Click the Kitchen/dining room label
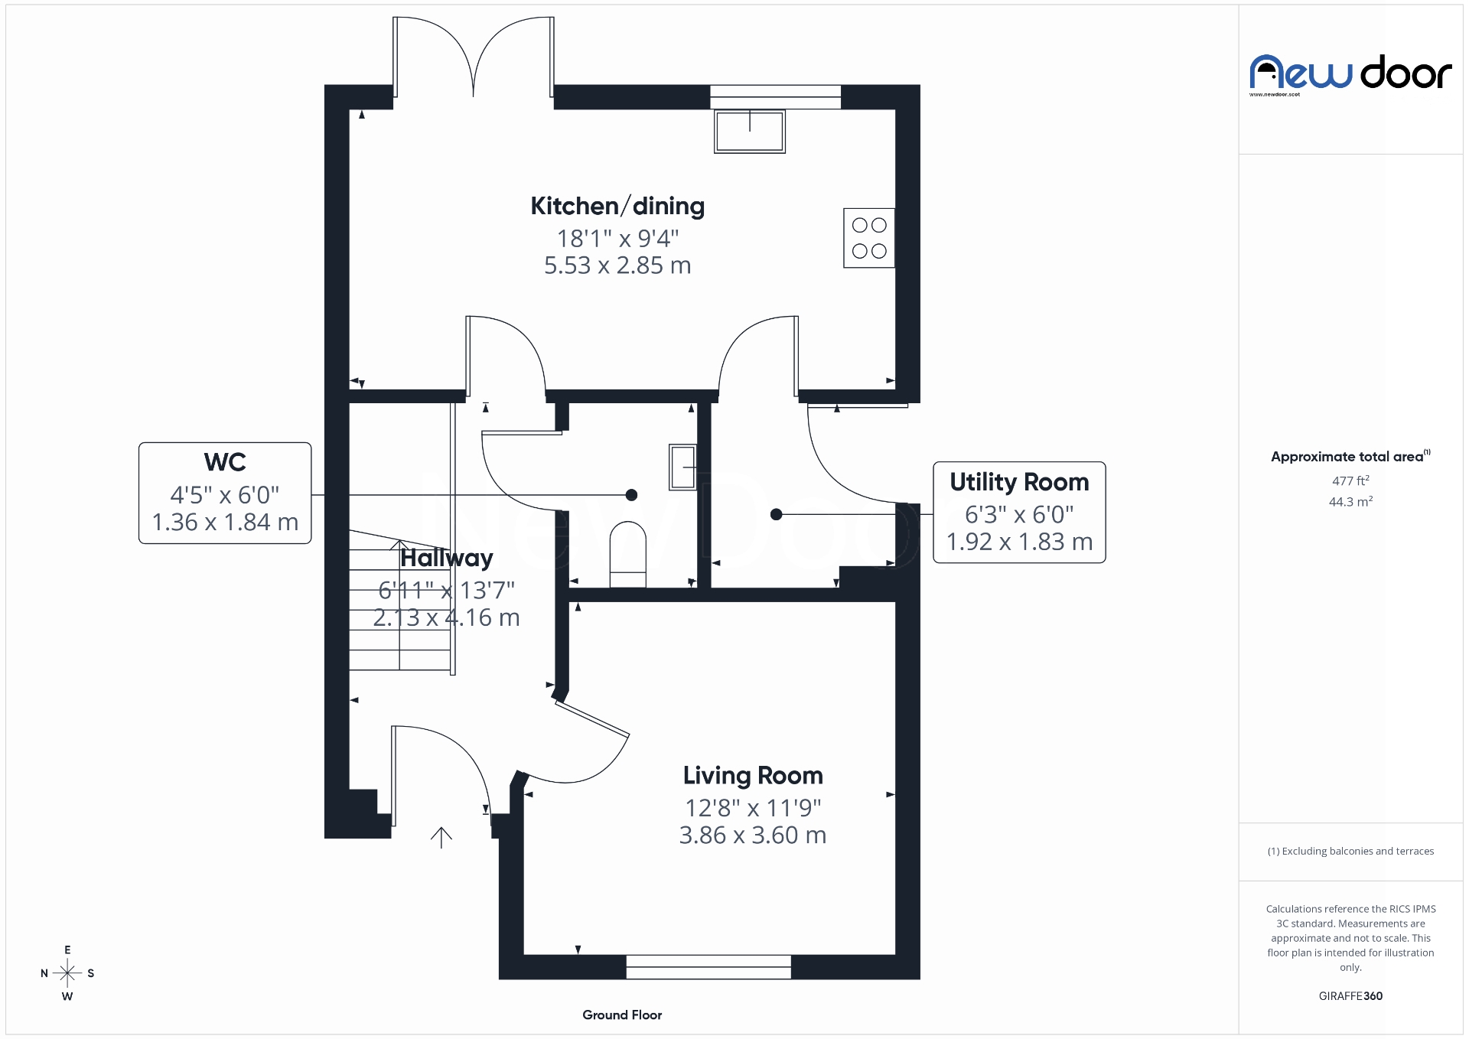pos(617,206)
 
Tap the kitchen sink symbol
pos(749,132)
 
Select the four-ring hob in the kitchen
pos(868,238)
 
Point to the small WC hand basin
pos(682,466)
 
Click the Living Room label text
pos(753,775)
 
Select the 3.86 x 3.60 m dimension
pos(753,835)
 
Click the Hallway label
pos(447,558)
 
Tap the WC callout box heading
pos(225,462)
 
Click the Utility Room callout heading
pos(1019,482)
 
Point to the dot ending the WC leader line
pos(631,495)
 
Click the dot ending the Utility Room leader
pos(776,514)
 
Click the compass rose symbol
pos(67,973)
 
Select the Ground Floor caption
pos(621,1015)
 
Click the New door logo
pos(1350,73)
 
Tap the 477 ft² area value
pos(1350,480)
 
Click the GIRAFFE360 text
pos(1350,995)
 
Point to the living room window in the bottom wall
pos(708,966)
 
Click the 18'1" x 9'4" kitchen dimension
pos(617,239)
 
